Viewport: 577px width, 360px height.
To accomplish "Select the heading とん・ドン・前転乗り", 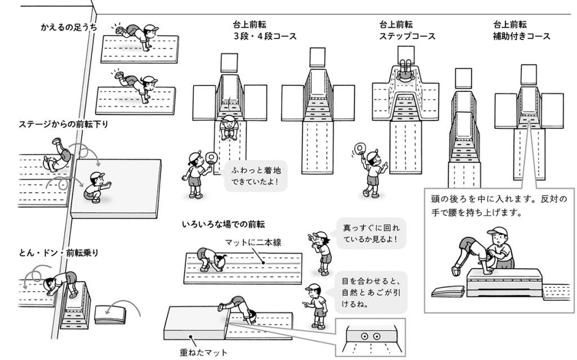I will [59, 253].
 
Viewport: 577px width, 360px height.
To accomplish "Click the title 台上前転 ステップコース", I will [407, 30].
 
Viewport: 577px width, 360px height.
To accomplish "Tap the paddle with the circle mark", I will [359, 149].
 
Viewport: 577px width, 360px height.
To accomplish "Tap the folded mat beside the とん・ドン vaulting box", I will [110, 313].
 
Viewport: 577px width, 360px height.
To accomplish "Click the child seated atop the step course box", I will [405, 70].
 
